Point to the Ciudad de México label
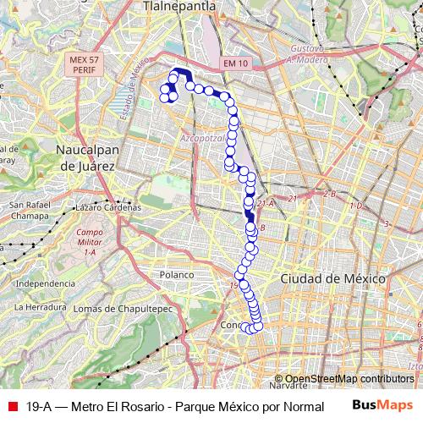click(333, 277)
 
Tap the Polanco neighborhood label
click(179, 275)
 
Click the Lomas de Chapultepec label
click(123, 309)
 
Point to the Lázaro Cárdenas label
click(107, 206)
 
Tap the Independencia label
click(46, 283)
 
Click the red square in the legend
click(10, 406)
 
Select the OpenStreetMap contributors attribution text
click(349, 379)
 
